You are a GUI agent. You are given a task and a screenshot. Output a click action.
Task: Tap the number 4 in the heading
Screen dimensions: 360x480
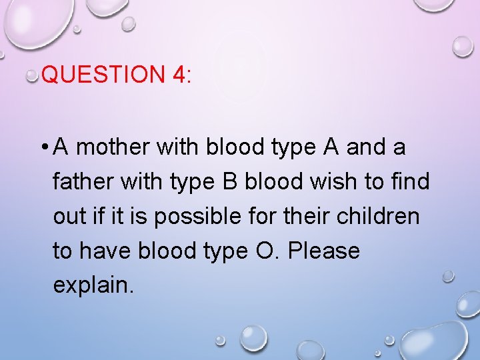(179, 74)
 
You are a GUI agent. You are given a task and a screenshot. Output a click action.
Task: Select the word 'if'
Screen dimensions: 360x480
(101, 217)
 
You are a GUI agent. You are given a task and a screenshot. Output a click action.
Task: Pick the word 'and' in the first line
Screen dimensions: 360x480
(366, 147)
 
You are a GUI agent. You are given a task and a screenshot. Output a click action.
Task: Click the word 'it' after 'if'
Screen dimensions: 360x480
(118, 217)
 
